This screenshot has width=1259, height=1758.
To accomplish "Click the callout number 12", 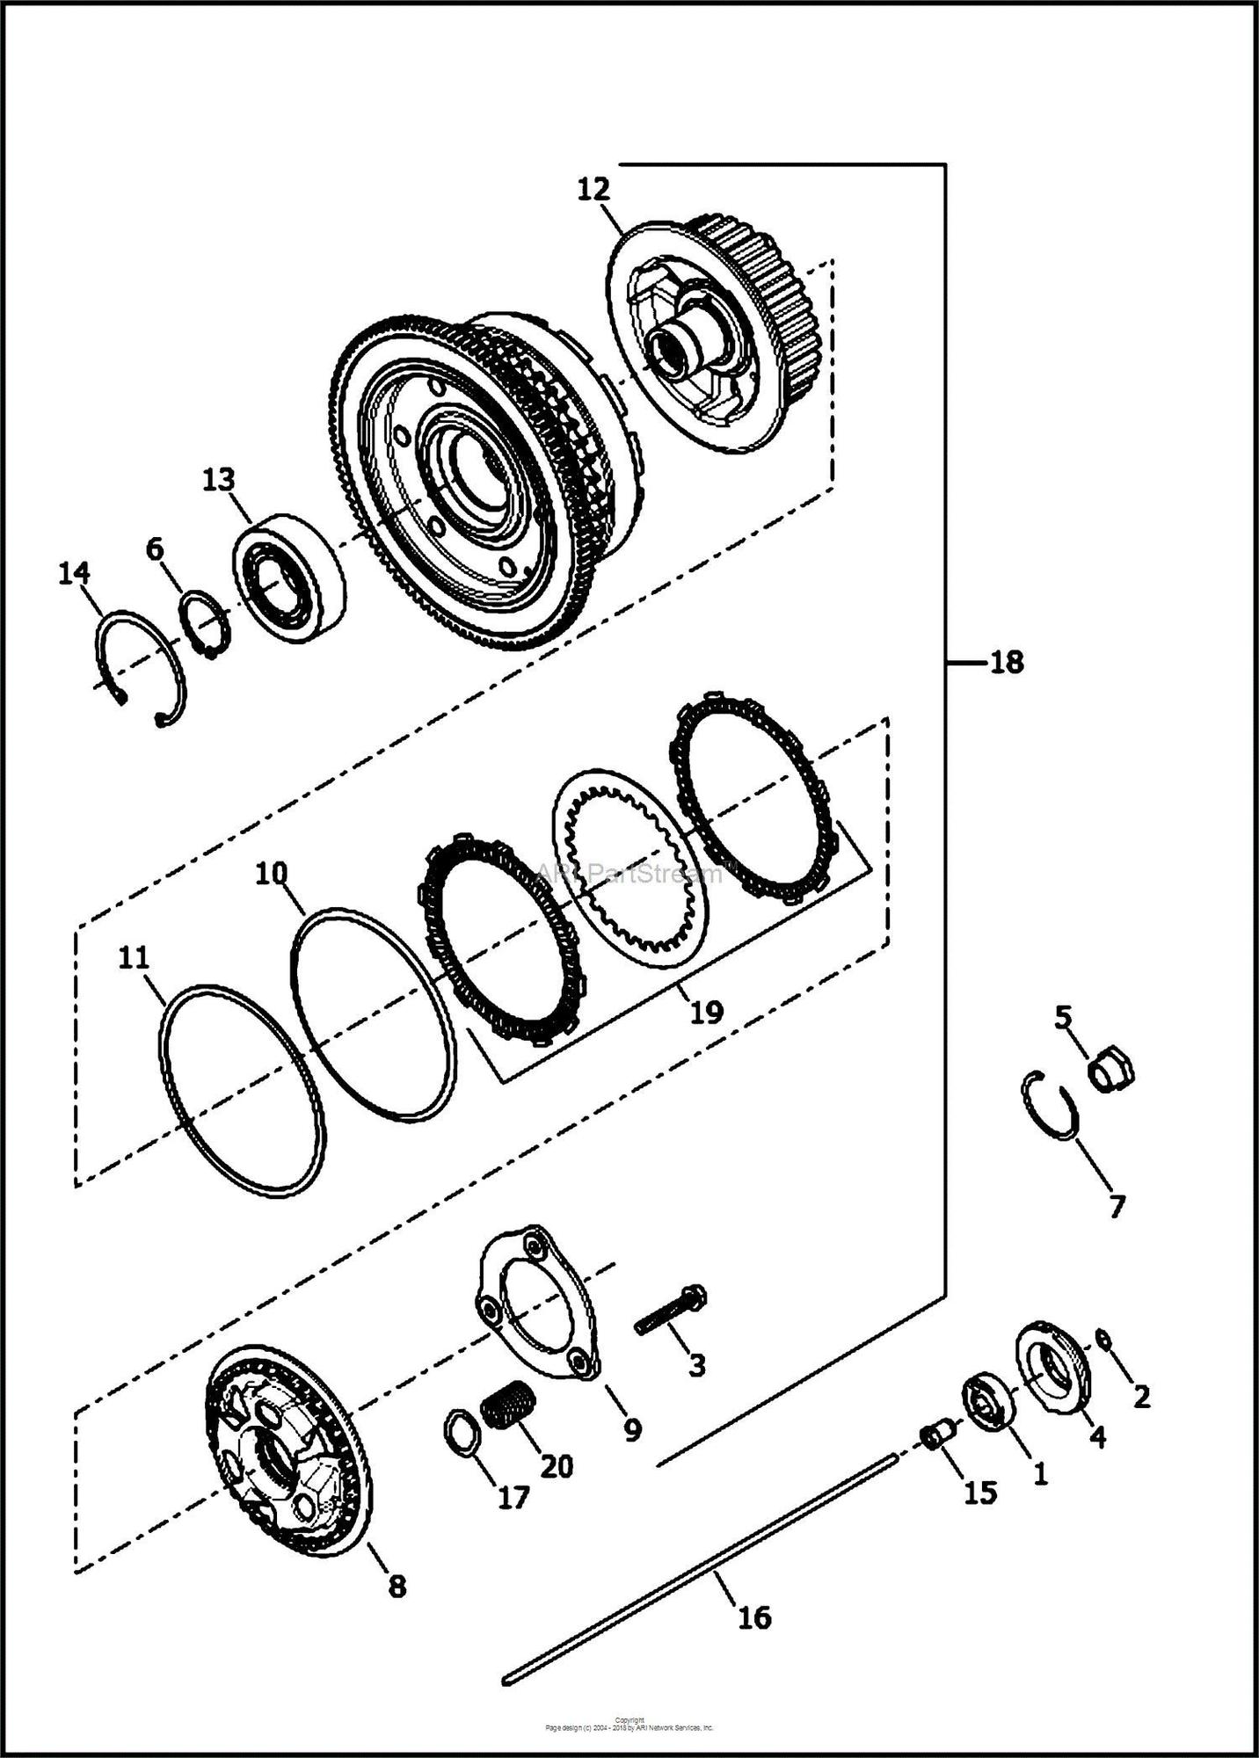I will (593, 189).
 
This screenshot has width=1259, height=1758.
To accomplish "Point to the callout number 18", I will (1007, 662).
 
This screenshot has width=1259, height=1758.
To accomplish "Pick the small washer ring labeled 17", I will (463, 1434).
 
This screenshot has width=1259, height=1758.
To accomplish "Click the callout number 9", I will (632, 1431).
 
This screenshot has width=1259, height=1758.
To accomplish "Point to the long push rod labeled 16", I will (703, 1570).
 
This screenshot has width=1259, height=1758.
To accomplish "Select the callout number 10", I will (272, 874).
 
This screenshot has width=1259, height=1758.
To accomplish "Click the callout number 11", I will (134, 957).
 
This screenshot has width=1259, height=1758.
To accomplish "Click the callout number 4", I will (1096, 1437).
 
